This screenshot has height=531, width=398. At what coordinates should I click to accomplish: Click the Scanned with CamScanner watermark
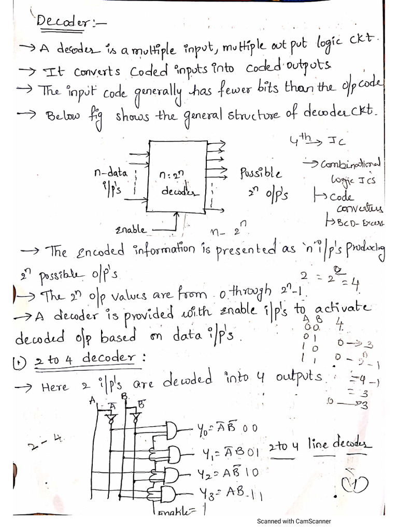click(294, 521)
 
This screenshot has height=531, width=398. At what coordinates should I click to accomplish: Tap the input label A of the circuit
click(92, 400)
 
